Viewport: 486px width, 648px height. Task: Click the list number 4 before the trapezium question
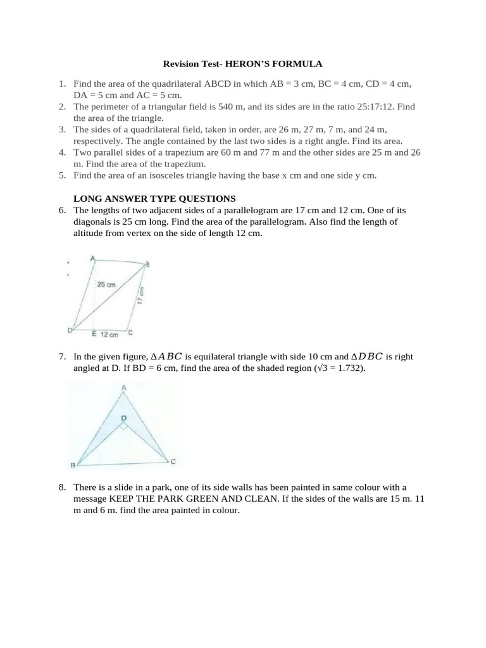tap(62, 153)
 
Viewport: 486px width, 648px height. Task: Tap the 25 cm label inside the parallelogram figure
tap(106, 285)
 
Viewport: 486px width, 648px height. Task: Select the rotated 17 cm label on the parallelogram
tap(142, 295)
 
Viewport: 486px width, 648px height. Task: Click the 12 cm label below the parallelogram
tap(109, 334)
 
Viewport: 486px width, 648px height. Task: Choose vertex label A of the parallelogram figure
tap(93, 258)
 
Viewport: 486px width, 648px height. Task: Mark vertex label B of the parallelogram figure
tap(147, 265)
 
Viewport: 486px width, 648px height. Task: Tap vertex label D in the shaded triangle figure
tap(123, 418)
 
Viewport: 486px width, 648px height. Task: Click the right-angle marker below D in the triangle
tap(123, 427)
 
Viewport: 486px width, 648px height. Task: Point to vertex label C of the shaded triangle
tap(173, 462)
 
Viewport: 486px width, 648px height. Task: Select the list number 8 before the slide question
tap(62, 487)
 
